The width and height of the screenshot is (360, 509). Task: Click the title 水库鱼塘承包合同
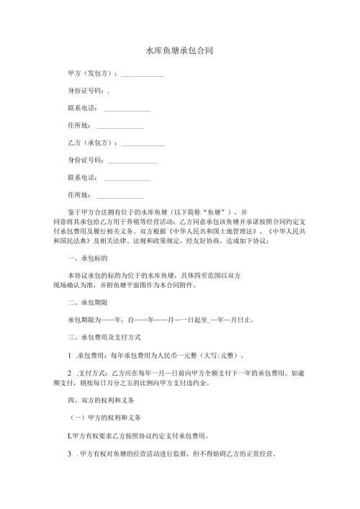coord(179,52)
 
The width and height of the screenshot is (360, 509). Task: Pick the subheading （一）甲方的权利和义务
coord(105,418)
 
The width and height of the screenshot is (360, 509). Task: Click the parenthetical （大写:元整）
coord(228,355)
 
